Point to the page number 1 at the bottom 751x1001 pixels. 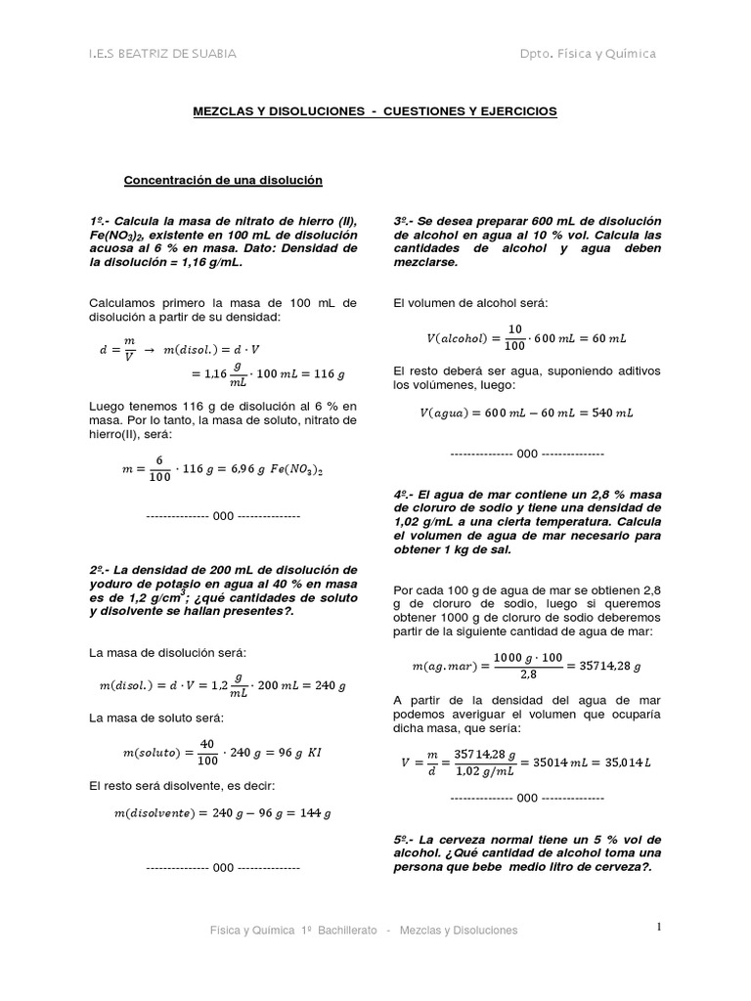pyautogui.click(x=659, y=926)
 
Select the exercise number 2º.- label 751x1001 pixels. pyautogui.click(x=103, y=570)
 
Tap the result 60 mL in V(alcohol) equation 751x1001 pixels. pyautogui.click(x=607, y=338)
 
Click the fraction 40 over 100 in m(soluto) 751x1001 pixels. pyautogui.click(x=205, y=753)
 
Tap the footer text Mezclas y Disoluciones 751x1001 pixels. pyautogui.click(x=459, y=931)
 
